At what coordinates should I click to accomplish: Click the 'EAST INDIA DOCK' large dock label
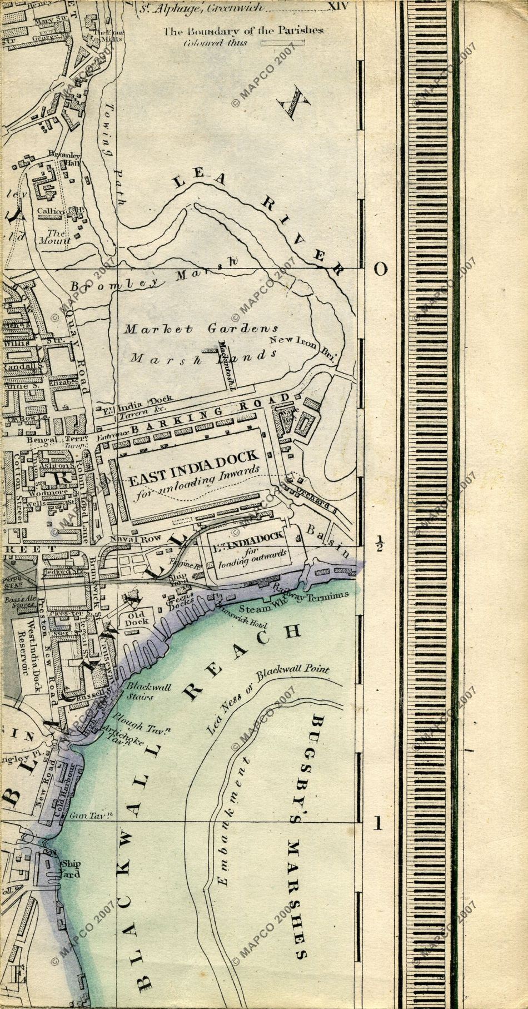(x=193, y=460)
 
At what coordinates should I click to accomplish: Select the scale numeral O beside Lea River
(x=380, y=269)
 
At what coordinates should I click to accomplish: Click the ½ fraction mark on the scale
(x=380, y=542)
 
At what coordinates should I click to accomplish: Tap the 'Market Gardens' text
(x=201, y=329)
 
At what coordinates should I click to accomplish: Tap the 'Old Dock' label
(x=137, y=619)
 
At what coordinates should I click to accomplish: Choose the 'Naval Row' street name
(x=127, y=539)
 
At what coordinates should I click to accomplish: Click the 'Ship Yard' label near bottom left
(x=70, y=868)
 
